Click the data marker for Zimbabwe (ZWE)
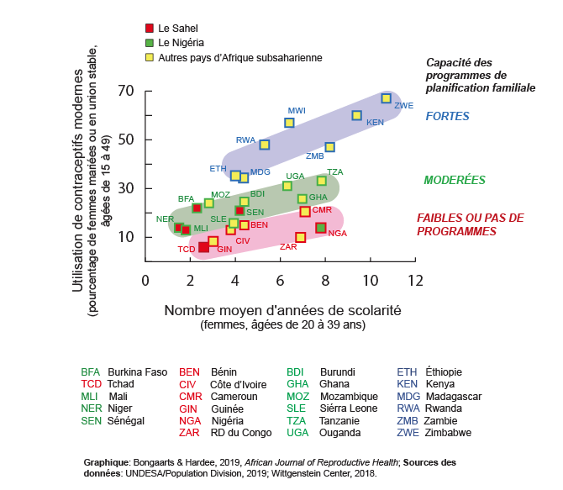tap(386, 98)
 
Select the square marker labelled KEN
tap(356, 115)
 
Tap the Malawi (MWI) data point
tap(289, 123)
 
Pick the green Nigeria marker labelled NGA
tap(320, 228)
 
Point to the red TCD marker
tap(203, 247)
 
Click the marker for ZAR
tap(300, 238)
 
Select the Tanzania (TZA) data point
tap(321, 181)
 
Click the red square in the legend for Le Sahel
tap(149, 28)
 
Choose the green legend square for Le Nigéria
tap(149, 42)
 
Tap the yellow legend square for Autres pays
tap(149, 57)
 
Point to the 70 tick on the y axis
tap(127, 91)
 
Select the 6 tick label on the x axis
tap(280, 279)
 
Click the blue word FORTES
tap(447, 117)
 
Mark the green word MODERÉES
tap(454, 180)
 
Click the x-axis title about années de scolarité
tap(282, 310)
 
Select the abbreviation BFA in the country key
tap(90, 371)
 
